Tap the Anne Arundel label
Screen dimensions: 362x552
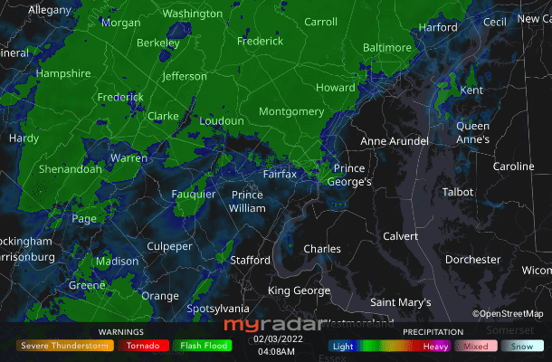[x=399, y=141]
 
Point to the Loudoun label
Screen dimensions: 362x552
[x=222, y=121]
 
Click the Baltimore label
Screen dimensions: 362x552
[x=387, y=47]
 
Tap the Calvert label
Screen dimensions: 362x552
[x=401, y=236]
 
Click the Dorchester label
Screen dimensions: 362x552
[x=473, y=260]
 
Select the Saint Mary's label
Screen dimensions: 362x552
[x=401, y=302]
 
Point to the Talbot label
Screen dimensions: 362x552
[x=458, y=192]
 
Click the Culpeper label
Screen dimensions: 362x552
[x=170, y=246]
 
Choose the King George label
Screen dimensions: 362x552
[x=299, y=291]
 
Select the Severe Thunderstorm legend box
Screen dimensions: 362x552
[x=65, y=346]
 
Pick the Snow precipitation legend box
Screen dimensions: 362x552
[x=521, y=346]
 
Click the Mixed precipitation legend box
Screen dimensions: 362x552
[x=476, y=346]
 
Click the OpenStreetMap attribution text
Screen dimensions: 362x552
[x=509, y=313]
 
